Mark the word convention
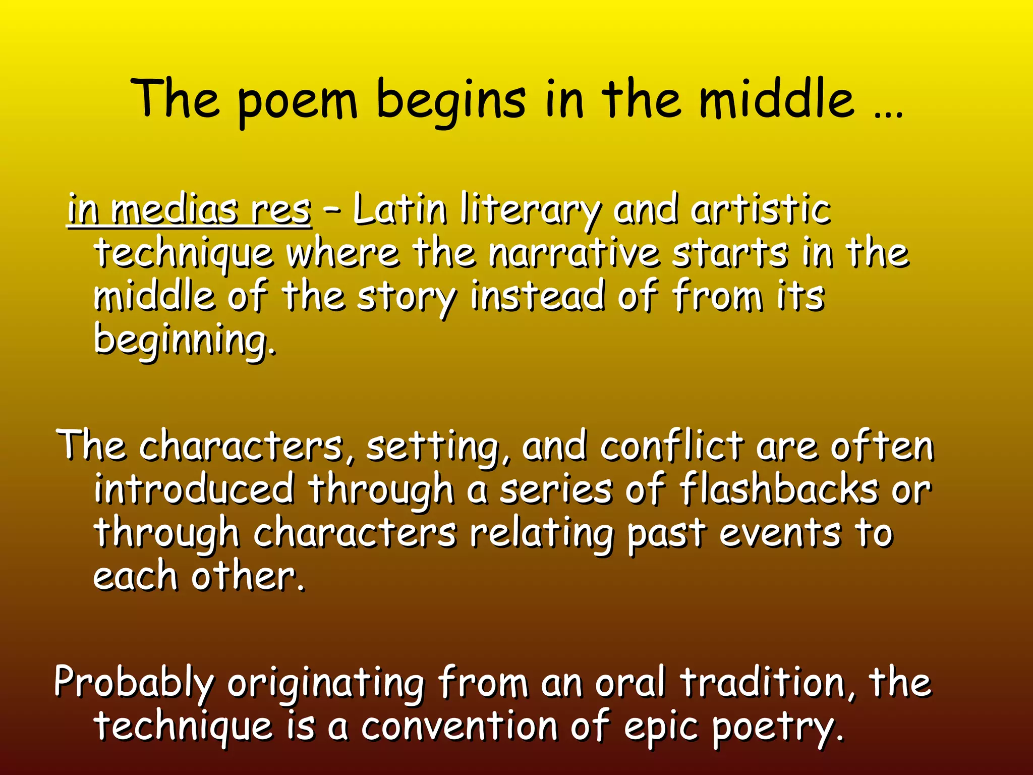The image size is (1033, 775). (x=460, y=727)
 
